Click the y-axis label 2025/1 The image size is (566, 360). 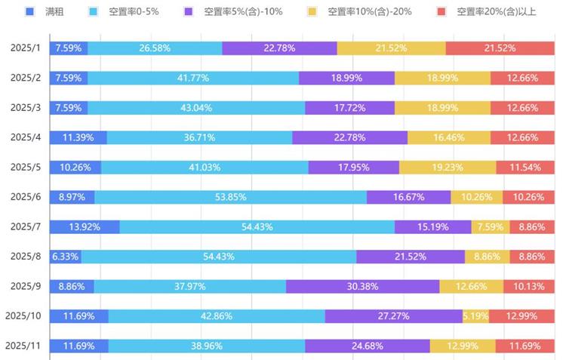click(x=25, y=48)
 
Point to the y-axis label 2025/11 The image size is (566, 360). click(x=23, y=346)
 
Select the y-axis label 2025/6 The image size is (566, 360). click(x=25, y=197)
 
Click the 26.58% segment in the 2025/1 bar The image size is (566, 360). click(x=155, y=48)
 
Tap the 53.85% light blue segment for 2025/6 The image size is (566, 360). click(x=230, y=197)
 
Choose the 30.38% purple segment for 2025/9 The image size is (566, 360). click(x=362, y=286)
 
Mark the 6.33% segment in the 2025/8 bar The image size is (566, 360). click(x=65, y=257)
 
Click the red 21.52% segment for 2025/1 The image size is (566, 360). click(x=500, y=48)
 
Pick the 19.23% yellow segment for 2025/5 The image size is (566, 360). click(x=448, y=168)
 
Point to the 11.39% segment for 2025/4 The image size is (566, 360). click(x=78, y=137)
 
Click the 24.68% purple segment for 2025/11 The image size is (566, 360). click(x=368, y=346)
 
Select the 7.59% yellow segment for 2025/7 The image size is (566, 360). click(x=491, y=227)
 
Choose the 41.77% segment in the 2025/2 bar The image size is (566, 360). click(x=193, y=78)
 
